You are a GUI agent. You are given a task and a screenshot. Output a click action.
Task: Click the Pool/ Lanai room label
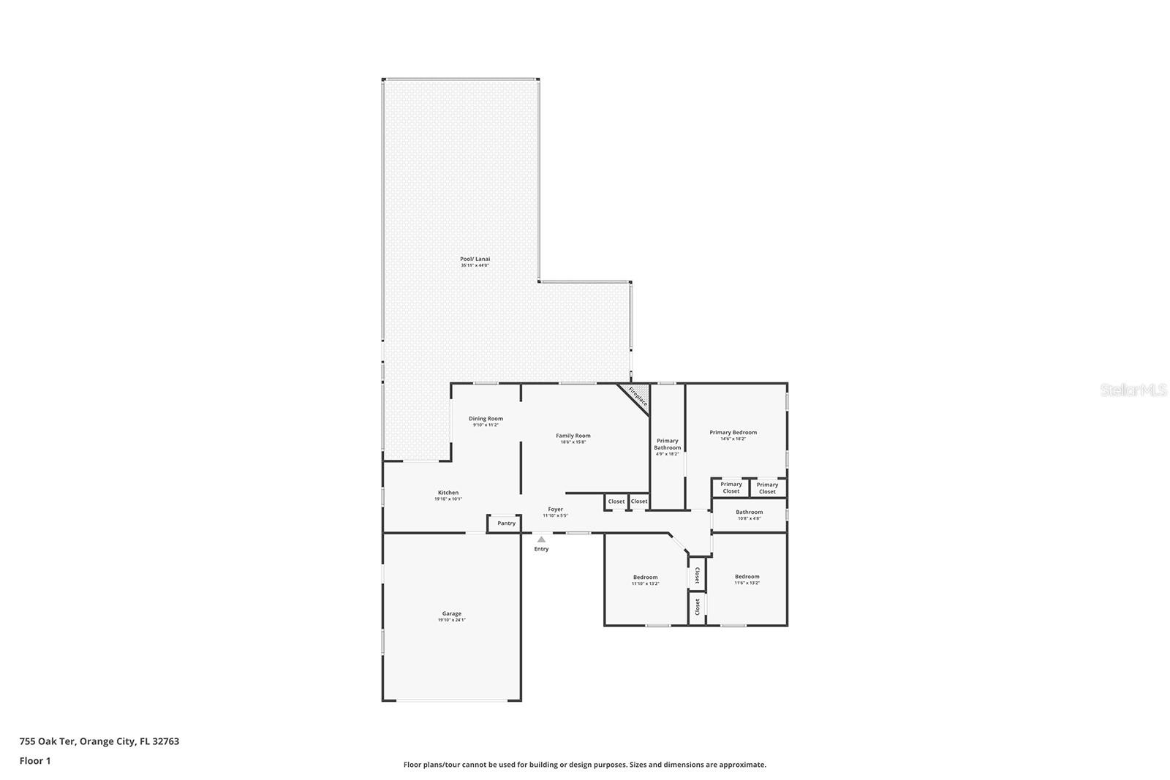coord(475,259)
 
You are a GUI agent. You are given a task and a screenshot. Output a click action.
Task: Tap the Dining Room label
coord(486,419)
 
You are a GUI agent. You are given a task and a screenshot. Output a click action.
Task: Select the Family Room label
coord(573,436)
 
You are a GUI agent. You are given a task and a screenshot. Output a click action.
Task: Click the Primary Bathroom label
coord(667,444)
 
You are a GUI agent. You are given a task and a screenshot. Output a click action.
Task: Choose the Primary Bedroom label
coord(733,432)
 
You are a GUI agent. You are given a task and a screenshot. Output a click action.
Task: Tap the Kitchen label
coord(448,493)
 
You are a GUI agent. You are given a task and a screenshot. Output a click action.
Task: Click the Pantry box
coord(506,523)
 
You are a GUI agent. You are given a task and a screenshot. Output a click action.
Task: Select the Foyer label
coord(555,509)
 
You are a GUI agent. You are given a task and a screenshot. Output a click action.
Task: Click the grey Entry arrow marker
coord(541,539)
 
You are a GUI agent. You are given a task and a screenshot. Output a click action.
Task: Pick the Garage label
coord(451,613)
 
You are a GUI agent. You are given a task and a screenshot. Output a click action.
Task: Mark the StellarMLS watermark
coord(1133,391)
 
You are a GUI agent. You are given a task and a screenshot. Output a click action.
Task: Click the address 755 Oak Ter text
coord(99,741)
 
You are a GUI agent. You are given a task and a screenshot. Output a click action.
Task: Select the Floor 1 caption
coord(35,761)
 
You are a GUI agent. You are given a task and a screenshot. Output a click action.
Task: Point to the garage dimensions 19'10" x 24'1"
coord(451,620)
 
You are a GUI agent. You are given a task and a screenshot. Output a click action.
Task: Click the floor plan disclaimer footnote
coord(584,765)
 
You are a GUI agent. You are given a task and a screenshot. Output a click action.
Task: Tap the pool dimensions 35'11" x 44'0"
coord(475,265)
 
